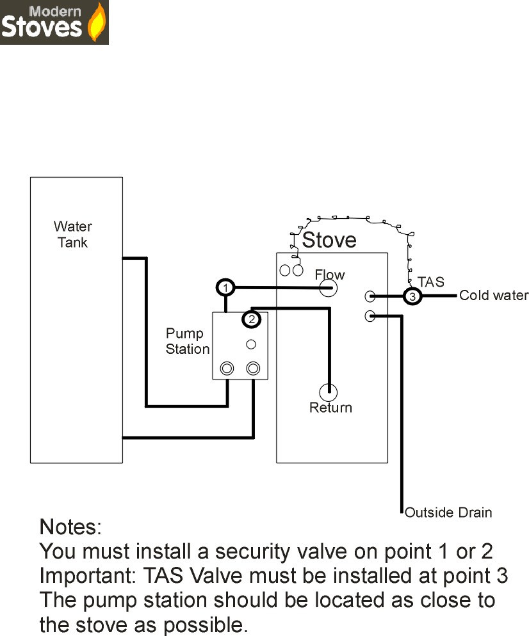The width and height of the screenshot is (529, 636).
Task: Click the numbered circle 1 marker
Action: pyautogui.click(x=225, y=288)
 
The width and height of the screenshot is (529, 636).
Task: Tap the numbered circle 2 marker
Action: pyautogui.click(x=252, y=319)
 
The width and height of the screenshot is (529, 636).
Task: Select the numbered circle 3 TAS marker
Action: pyautogui.click(x=412, y=296)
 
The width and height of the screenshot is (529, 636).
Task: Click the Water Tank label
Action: pyautogui.click(x=72, y=234)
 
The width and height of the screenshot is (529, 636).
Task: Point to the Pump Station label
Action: pyautogui.click(x=188, y=341)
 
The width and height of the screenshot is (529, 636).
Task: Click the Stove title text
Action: pyautogui.click(x=329, y=240)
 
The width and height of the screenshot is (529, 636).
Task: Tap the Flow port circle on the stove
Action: pyautogui.click(x=328, y=289)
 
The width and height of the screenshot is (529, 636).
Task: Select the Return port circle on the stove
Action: pyautogui.click(x=328, y=392)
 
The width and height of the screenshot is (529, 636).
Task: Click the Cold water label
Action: pyautogui.click(x=494, y=296)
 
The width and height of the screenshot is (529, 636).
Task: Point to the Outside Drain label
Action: pyautogui.click(x=448, y=513)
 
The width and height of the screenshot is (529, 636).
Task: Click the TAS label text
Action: pyautogui.click(x=431, y=282)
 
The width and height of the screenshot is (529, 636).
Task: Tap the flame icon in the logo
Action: pyautogui.click(x=97, y=22)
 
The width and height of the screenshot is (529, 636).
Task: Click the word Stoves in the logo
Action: pyautogui.click(x=42, y=27)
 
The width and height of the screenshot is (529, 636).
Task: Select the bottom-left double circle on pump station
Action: pyautogui.click(x=227, y=369)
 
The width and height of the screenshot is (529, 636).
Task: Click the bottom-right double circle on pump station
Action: pyautogui.click(x=253, y=369)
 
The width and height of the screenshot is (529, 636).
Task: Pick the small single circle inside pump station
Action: pyautogui.click(x=251, y=344)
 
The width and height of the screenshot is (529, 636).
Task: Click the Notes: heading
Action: pyautogui.click(x=70, y=527)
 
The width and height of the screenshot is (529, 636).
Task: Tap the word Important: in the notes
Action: pyautogui.click(x=88, y=576)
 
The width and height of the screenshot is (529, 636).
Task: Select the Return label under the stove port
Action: pyautogui.click(x=331, y=408)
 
